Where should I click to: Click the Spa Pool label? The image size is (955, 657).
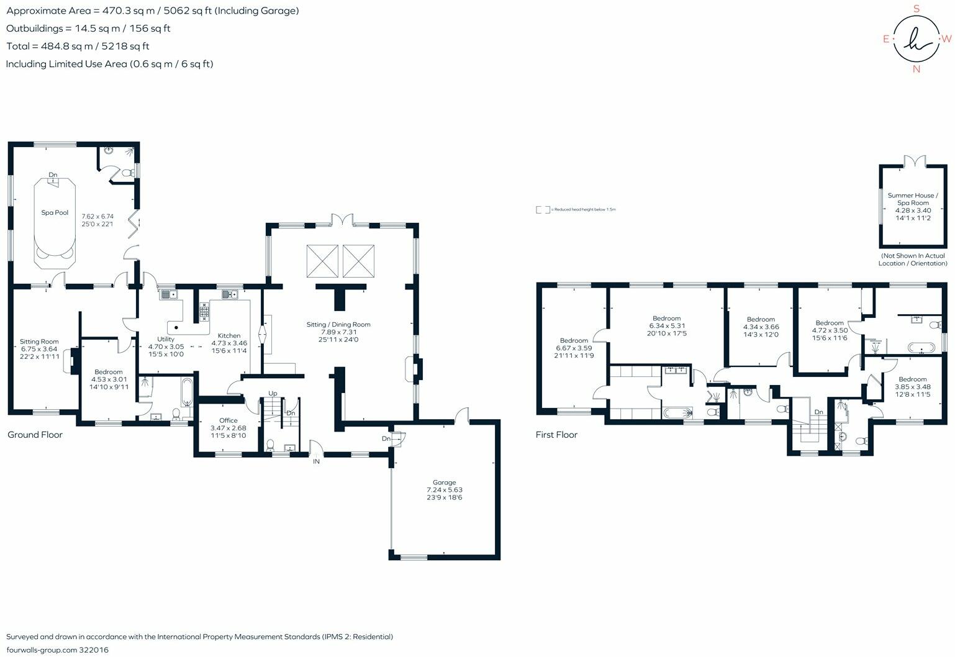point(55,212)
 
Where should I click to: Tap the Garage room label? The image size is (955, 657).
point(444,483)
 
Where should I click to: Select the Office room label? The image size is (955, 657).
point(228,420)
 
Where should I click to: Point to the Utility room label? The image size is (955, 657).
point(166,339)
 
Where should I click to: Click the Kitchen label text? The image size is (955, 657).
point(229,335)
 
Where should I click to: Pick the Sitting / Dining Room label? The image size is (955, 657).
point(338,324)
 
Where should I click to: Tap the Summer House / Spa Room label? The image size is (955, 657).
point(912,199)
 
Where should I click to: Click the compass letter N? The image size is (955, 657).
point(916,70)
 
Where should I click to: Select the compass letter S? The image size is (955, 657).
point(917,9)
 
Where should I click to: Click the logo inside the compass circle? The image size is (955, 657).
point(917,39)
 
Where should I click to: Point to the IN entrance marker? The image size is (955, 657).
point(316,462)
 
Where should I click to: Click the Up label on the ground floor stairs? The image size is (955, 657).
point(273,393)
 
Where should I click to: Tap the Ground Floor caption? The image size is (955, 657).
point(35,435)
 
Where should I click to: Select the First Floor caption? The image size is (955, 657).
point(556,435)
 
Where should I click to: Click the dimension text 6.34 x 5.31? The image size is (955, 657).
point(667,326)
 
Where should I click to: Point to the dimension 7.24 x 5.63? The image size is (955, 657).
point(444,490)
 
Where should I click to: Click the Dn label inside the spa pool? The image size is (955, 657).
point(53,175)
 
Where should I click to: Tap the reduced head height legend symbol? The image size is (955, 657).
point(542,210)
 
